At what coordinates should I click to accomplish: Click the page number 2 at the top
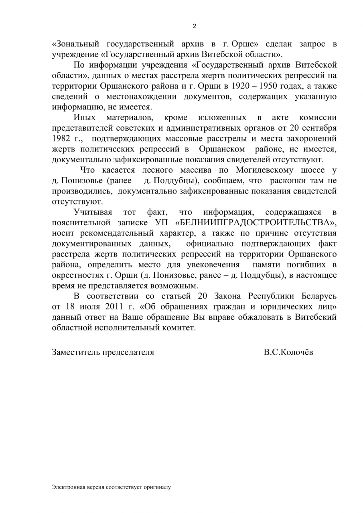195,26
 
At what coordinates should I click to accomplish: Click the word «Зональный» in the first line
77,43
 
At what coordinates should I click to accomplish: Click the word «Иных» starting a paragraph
85,118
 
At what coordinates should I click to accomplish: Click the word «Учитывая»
93,212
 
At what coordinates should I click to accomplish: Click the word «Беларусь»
317,296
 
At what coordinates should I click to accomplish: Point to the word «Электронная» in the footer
66,487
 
